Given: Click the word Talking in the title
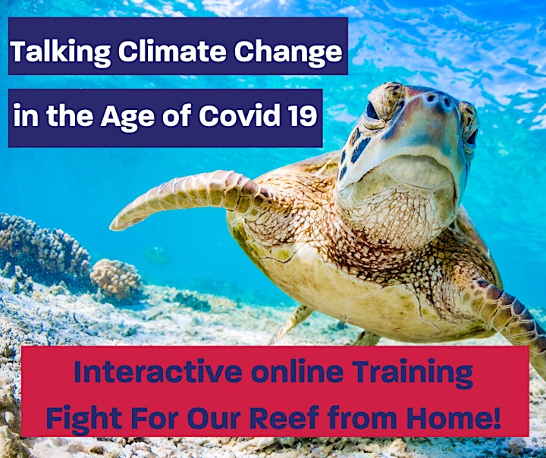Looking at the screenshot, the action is tap(60, 52).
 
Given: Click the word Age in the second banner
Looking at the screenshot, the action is tap(127, 116).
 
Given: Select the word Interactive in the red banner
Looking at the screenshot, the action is tap(158, 372).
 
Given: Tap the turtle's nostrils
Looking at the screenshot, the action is tap(439, 99).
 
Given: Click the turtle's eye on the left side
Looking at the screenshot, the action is tap(372, 111).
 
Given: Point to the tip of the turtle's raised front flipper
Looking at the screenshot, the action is tap(112, 227).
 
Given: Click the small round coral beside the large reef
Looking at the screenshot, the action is tap(117, 279).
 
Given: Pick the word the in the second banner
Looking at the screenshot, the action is tap(70, 115).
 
